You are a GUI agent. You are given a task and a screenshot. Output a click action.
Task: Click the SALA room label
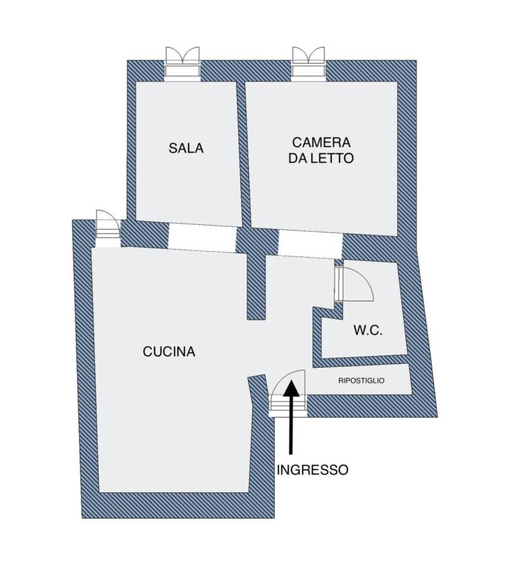186,148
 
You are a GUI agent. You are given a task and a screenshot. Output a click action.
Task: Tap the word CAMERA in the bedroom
322,142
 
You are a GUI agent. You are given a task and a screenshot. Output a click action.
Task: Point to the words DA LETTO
321,158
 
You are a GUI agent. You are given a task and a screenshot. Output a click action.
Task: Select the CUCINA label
169,352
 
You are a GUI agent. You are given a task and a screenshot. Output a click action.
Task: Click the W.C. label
368,330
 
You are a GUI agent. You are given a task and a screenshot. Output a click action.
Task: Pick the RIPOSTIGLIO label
361,381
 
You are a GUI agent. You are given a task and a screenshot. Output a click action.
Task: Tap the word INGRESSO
313,470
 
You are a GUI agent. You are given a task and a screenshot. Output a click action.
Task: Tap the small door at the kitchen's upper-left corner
108,228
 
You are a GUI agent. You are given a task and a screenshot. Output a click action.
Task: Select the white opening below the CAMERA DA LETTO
310,244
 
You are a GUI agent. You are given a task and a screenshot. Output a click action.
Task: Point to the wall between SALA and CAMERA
244,154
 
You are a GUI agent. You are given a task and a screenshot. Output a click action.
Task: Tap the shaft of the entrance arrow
291,425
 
